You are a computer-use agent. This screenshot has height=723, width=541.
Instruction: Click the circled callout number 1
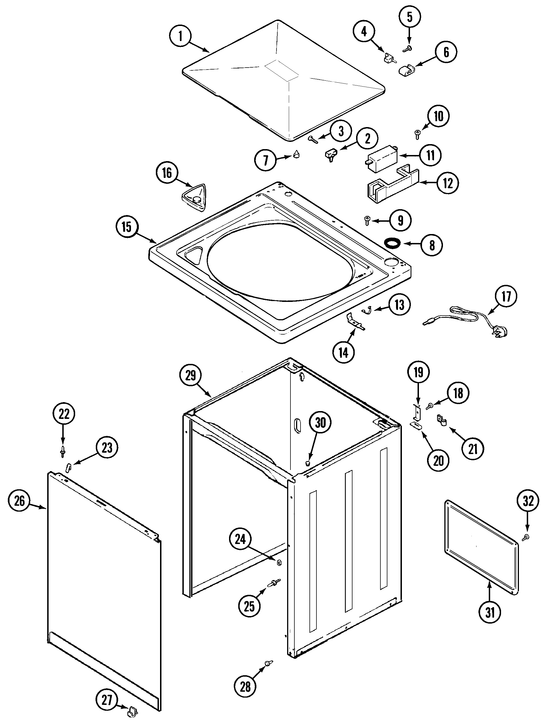(180, 36)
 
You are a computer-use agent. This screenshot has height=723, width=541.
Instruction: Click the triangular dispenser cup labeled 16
(194, 196)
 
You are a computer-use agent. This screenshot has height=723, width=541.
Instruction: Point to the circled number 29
(190, 376)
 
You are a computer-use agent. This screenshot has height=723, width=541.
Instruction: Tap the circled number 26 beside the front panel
(20, 501)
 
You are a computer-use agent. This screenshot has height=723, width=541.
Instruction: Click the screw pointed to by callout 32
(526, 537)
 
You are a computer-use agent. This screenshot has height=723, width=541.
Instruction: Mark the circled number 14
(344, 353)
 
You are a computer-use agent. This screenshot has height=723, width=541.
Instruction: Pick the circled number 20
(438, 460)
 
